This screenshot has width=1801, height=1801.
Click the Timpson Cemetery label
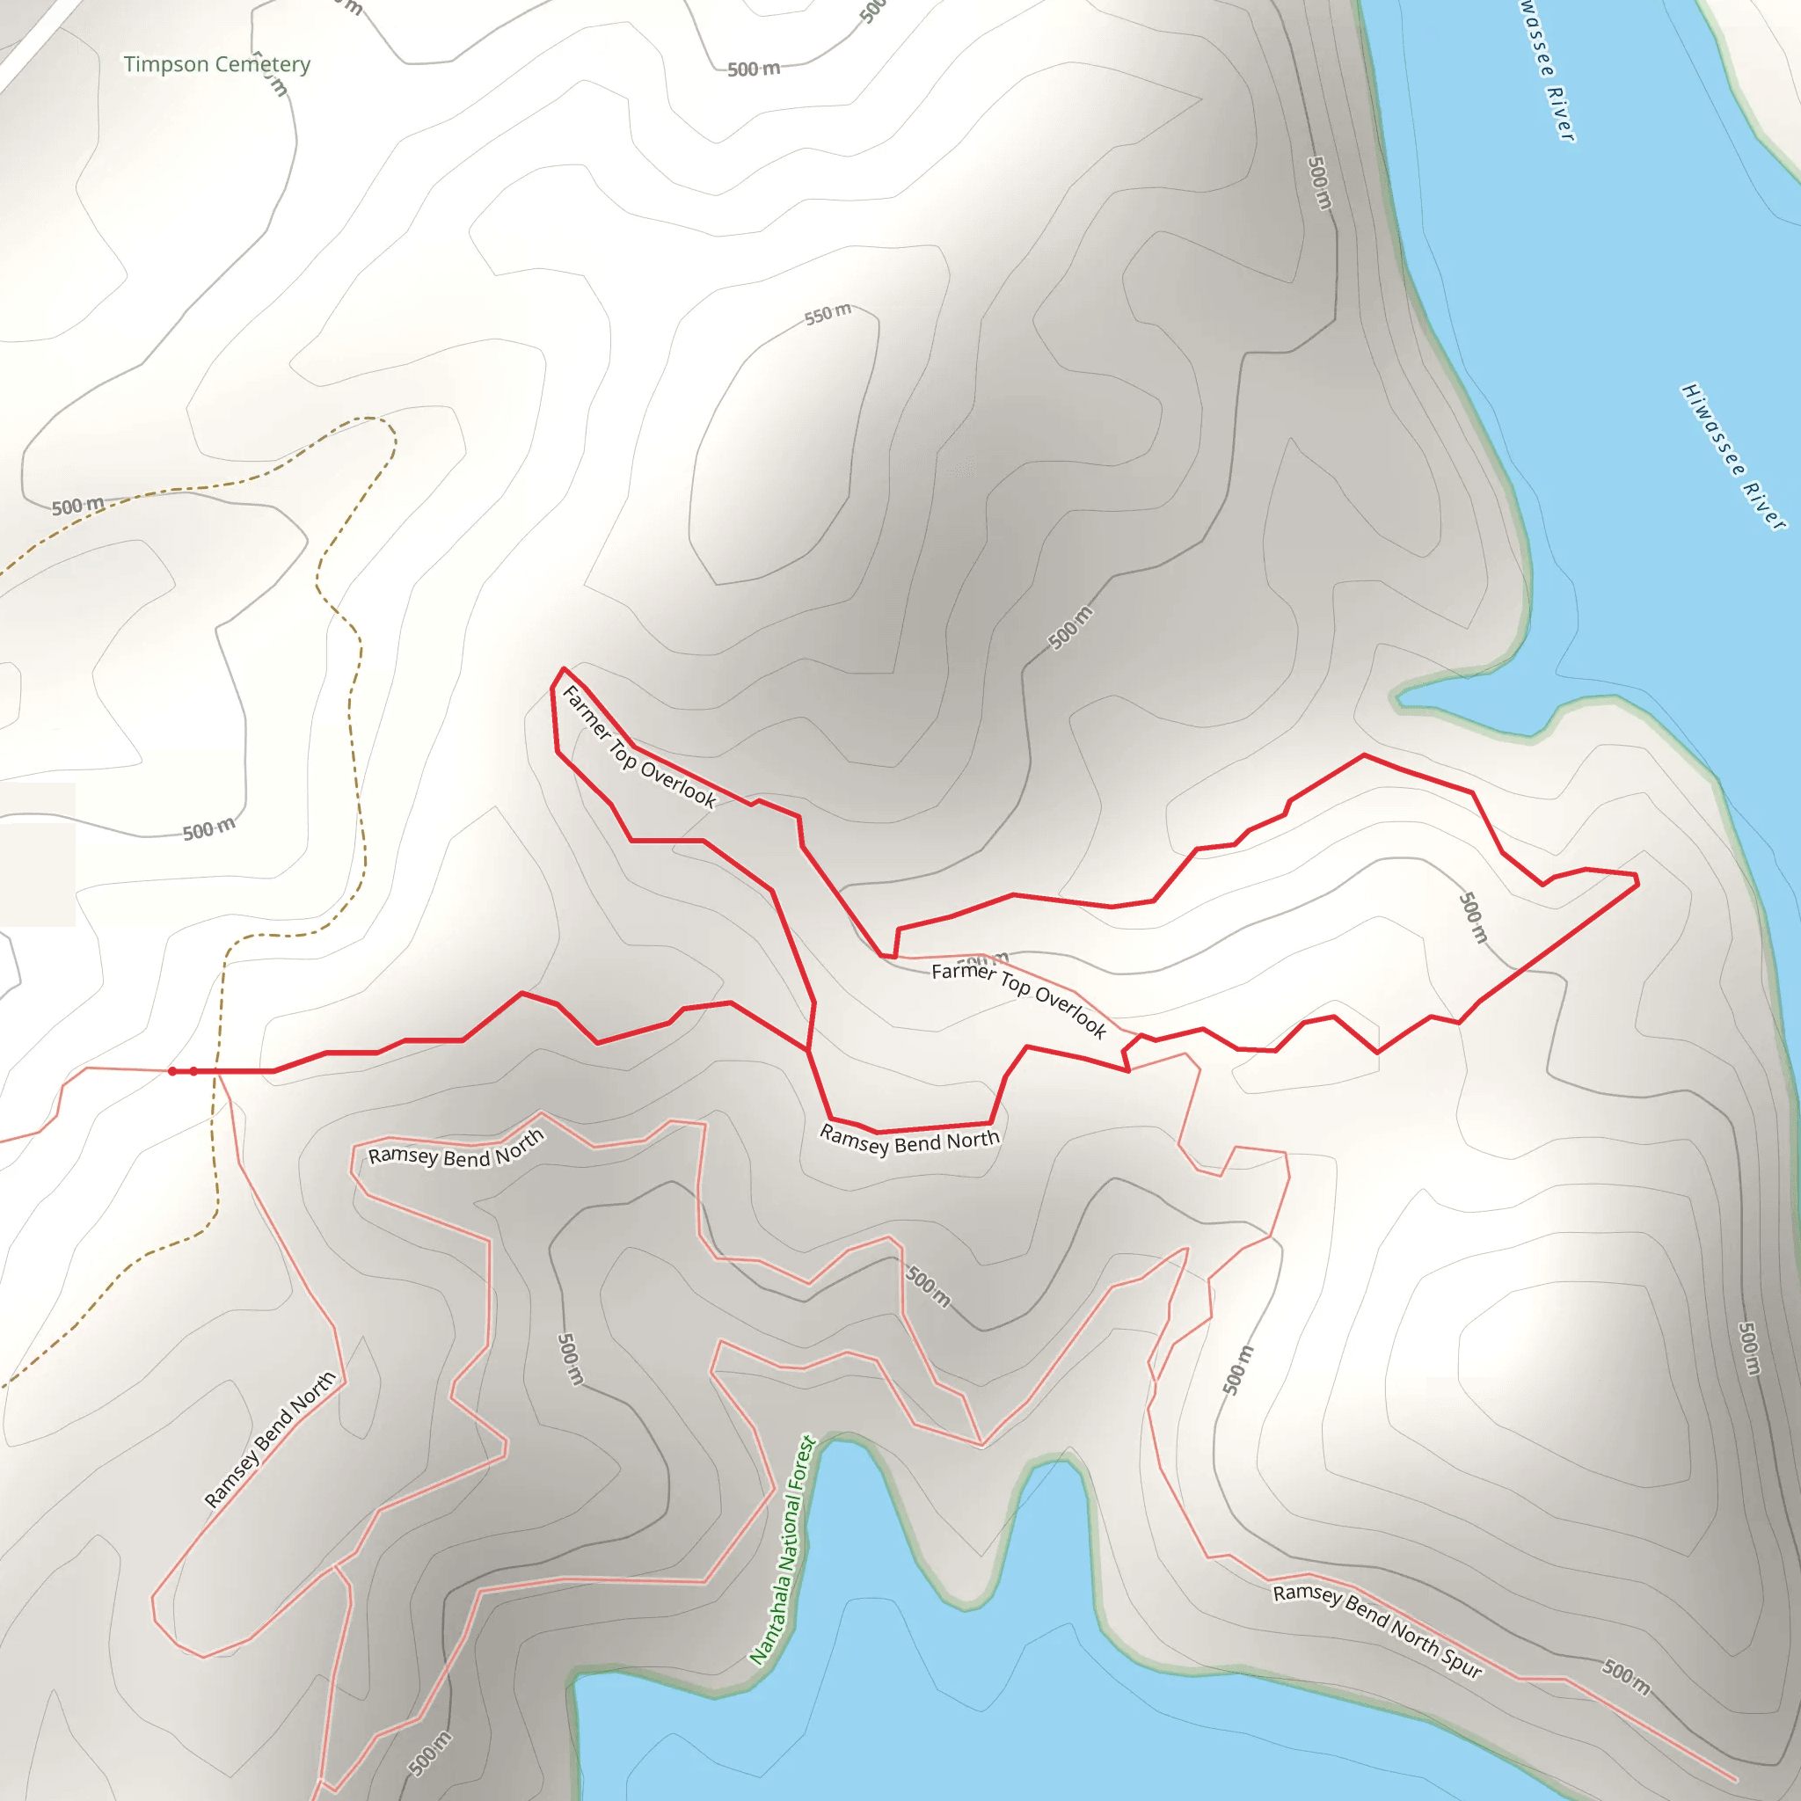coord(216,64)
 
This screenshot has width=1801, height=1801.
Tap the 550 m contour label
coord(828,314)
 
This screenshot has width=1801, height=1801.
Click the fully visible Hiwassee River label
coord(1734,456)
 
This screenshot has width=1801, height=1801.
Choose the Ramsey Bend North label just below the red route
coord(909,1140)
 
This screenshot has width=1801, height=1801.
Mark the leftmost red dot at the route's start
coord(172,1071)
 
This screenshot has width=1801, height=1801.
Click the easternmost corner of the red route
coord(1637,879)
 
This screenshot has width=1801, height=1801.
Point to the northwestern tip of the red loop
coord(562,668)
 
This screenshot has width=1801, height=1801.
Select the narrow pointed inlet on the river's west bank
coord(1398,697)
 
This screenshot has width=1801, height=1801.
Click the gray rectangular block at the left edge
coord(37,855)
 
